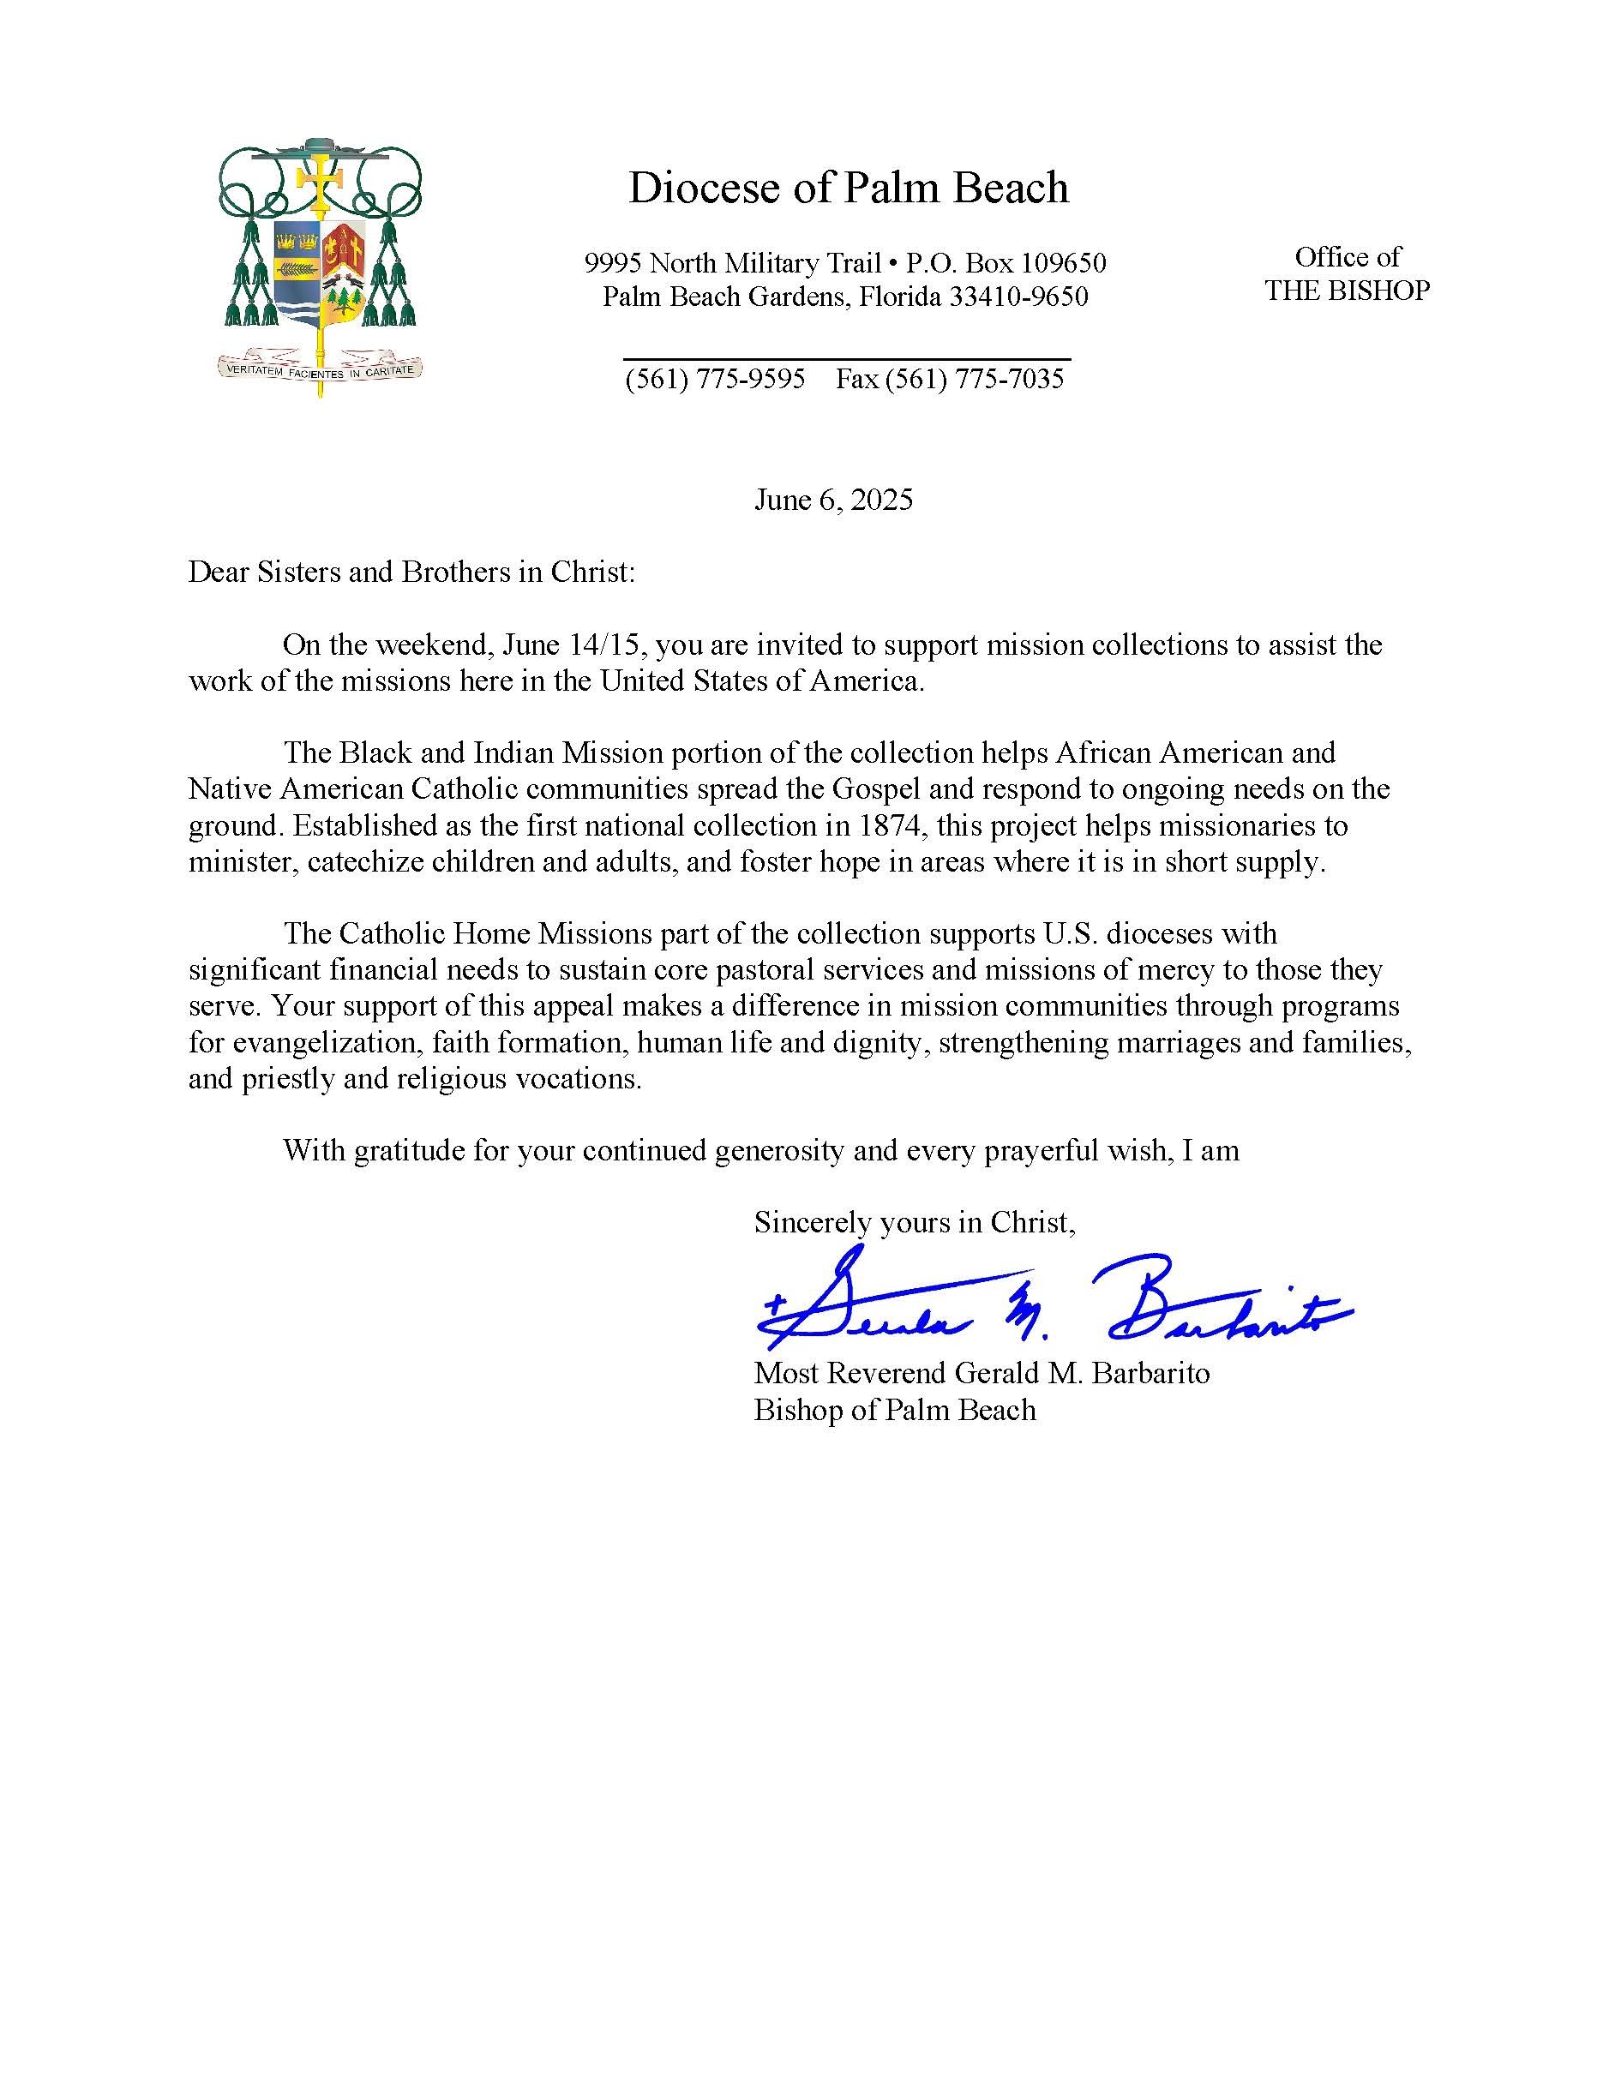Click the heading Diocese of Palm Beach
pyautogui.click(x=848, y=188)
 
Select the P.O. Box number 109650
pyautogui.click(x=1063, y=262)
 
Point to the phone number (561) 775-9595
pyautogui.click(x=715, y=379)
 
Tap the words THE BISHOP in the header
pyautogui.click(x=1347, y=291)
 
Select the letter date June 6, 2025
pyautogui.click(x=833, y=500)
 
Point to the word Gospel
pyautogui.click(x=879, y=789)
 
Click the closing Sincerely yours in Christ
pyautogui.click(x=915, y=1221)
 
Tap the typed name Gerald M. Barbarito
pyautogui.click(x=1082, y=1373)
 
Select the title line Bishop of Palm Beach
pyautogui.click(x=895, y=1409)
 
